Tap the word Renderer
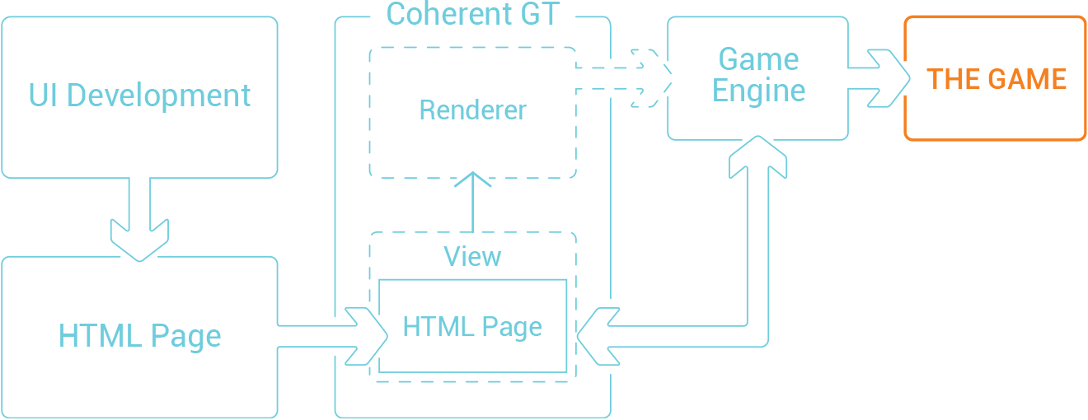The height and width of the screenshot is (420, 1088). click(472, 110)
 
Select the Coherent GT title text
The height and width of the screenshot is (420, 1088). click(472, 14)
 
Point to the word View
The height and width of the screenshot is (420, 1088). click(472, 257)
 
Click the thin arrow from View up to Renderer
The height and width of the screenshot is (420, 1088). click(472, 202)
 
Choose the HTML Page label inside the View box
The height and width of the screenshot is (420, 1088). click(472, 327)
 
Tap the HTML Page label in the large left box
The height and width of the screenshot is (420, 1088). click(140, 336)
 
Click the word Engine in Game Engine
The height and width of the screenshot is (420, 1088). click(758, 91)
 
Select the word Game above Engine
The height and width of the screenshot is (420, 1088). click(758, 59)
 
